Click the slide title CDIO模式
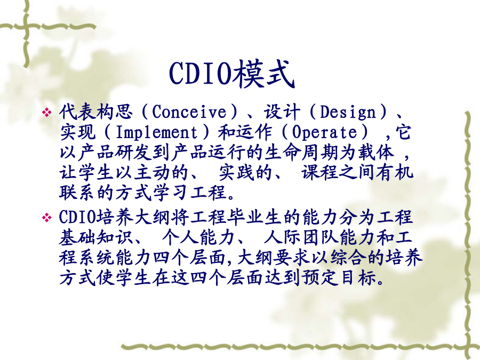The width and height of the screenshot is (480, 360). click(232, 74)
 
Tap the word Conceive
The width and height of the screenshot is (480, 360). click(189, 111)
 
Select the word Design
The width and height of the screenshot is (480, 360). click(348, 112)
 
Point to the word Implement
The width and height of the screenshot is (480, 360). click(157, 133)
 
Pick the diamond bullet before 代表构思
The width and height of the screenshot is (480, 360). click(47, 113)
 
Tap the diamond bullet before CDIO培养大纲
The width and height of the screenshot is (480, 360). click(47, 218)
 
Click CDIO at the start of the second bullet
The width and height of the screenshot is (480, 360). click(77, 217)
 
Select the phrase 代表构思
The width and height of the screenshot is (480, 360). click(96, 111)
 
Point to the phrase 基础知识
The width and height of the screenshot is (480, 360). click(96, 237)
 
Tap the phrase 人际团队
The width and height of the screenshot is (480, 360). click(301, 237)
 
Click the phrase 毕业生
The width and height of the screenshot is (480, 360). click(254, 217)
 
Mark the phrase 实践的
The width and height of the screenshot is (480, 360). click(245, 172)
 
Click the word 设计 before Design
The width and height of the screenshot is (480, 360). click(282, 111)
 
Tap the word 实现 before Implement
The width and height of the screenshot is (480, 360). click(78, 132)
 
